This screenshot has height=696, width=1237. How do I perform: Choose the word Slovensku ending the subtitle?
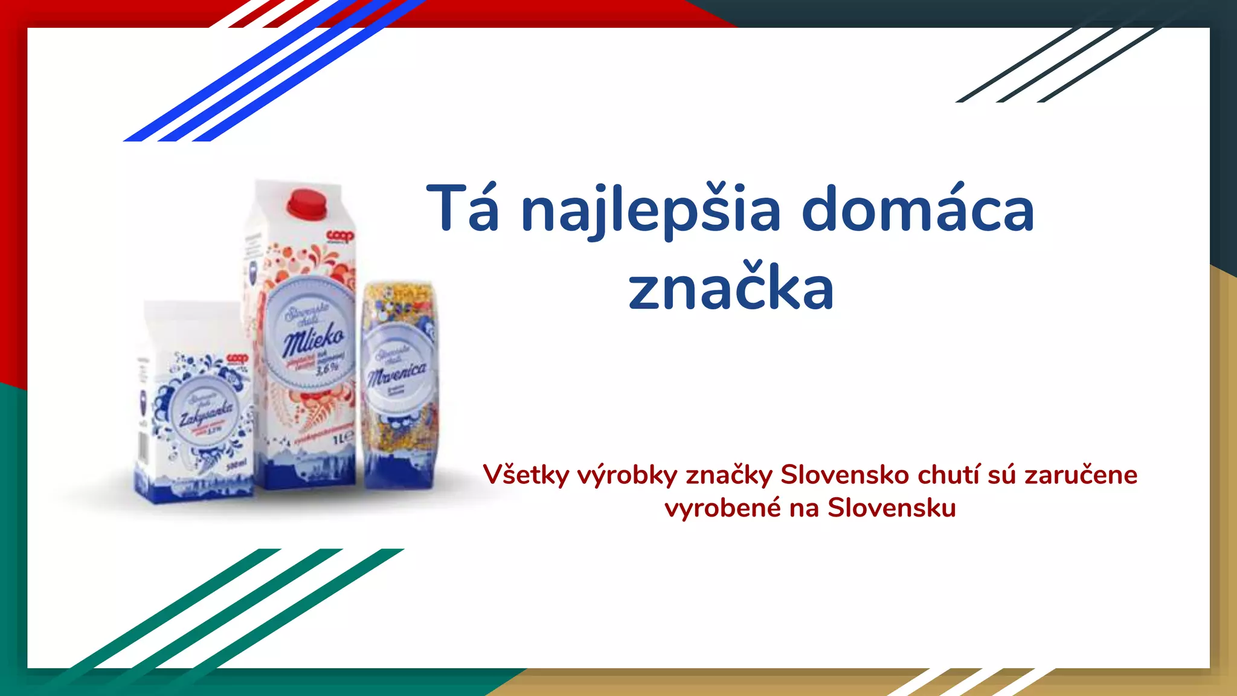(892, 508)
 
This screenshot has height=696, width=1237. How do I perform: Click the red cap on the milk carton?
(307, 203)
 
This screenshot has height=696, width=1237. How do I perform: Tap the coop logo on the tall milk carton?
(340, 236)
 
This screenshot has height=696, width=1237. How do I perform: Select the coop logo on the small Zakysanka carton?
(237, 359)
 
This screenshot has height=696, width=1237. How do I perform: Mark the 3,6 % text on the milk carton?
(327, 367)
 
